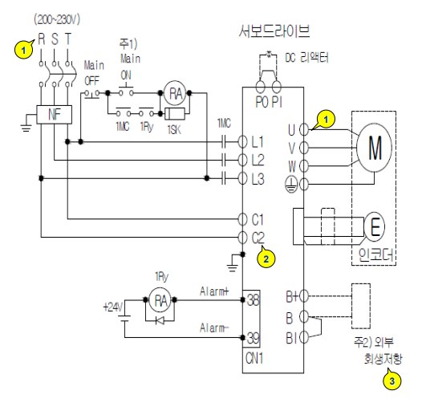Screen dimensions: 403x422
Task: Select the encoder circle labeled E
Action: pos(375,227)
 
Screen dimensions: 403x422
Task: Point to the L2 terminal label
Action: pos(258,160)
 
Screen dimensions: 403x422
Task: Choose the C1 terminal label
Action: pos(258,218)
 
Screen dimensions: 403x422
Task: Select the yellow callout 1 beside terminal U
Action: pos(324,119)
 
